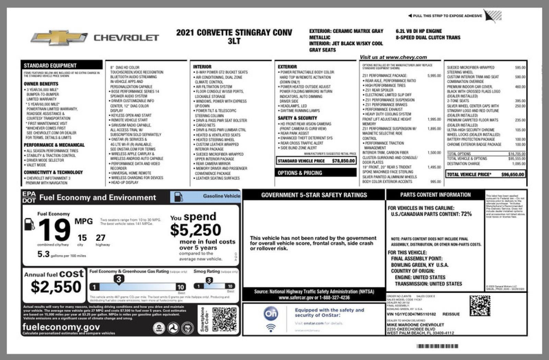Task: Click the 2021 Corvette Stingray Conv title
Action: (x=234, y=33)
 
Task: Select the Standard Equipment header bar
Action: (x=62, y=65)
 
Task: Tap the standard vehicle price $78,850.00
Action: (x=343, y=161)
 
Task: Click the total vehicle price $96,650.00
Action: (x=513, y=175)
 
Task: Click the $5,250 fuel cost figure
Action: (x=196, y=230)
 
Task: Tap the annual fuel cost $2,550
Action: (x=56, y=287)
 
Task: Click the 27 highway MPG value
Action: (x=101, y=238)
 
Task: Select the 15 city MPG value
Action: (x=82, y=238)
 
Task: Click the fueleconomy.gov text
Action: (x=61, y=327)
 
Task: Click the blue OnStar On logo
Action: (x=271, y=313)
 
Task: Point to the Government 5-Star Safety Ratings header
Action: (x=314, y=195)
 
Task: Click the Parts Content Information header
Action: (x=435, y=195)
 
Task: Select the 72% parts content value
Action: (x=466, y=214)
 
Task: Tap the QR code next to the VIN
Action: (x=480, y=305)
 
